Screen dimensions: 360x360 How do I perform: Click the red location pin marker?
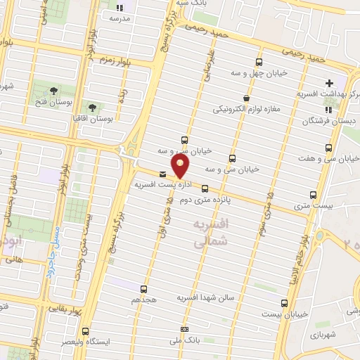pos(181,166)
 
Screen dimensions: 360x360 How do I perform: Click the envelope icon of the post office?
pos(163,174)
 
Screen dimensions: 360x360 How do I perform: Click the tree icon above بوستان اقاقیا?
pos(92,107)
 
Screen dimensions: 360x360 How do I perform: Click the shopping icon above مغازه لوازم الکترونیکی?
pos(245,98)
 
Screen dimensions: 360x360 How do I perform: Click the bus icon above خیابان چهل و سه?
pos(259,62)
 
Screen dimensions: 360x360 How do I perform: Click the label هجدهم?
pos(142,300)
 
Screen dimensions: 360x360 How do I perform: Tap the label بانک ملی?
pos(184,340)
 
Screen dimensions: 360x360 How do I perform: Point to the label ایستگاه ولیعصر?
pos(86,342)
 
